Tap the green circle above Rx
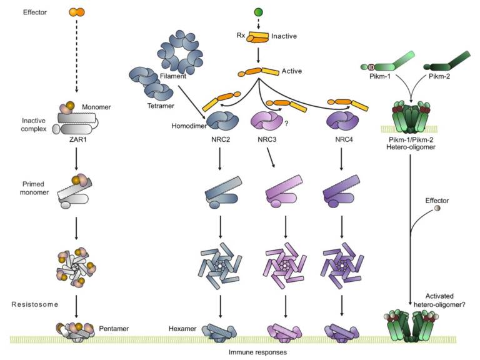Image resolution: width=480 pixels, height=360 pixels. pyautogui.click(x=257, y=12)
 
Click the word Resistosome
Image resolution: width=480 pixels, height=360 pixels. pyautogui.click(x=35, y=304)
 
